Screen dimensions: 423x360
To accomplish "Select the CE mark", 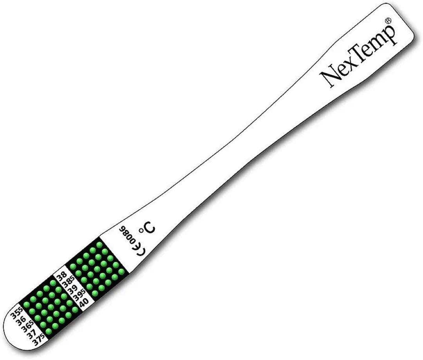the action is pyautogui.click(x=138, y=248).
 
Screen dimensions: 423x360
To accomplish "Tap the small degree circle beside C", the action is pyautogui.click(x=141, y=230).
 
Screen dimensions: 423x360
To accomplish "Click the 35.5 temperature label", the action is pyautogui.click(x=16, y=314).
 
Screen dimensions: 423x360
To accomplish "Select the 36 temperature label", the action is pyautogui.click(x=21, y=321).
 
